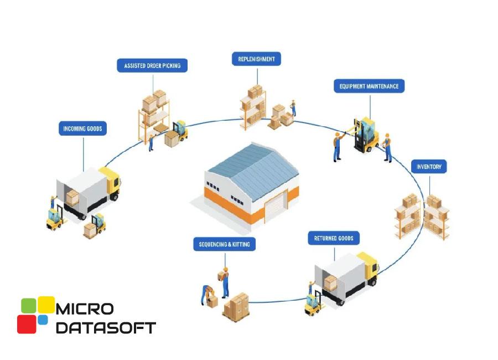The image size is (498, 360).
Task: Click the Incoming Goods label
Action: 82,129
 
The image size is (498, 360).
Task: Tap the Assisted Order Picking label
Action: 152,65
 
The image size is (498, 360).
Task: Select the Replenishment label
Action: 256,58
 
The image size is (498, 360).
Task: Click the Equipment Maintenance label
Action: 369,86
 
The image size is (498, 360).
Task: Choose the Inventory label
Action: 429,167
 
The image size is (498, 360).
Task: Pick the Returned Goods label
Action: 334,239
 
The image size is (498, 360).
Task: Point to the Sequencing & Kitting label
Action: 224,244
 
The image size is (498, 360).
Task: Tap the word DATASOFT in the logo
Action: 106,327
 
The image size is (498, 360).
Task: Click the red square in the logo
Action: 27,324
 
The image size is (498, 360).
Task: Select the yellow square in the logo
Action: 46,305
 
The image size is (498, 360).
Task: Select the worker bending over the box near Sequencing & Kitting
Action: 207,294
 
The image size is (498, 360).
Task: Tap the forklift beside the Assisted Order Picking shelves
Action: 178,133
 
